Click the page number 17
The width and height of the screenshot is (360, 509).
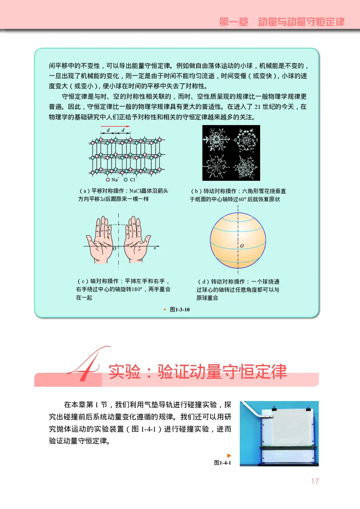(315, 481)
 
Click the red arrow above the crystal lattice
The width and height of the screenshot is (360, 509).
(115, 126)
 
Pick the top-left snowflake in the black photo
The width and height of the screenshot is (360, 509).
(216, 139)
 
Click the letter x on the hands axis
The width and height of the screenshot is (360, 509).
(155, 248)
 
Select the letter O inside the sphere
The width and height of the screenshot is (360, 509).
(242, 246)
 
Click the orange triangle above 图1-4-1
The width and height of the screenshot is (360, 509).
(229, 455)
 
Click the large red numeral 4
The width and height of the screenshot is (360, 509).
(85, 364)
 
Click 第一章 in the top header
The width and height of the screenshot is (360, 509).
(234, 22)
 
